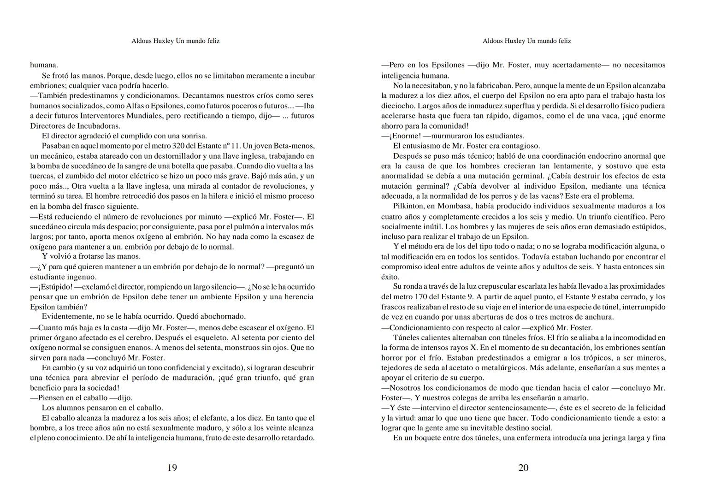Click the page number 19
coord(172,468)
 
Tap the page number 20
coord(523,468)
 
